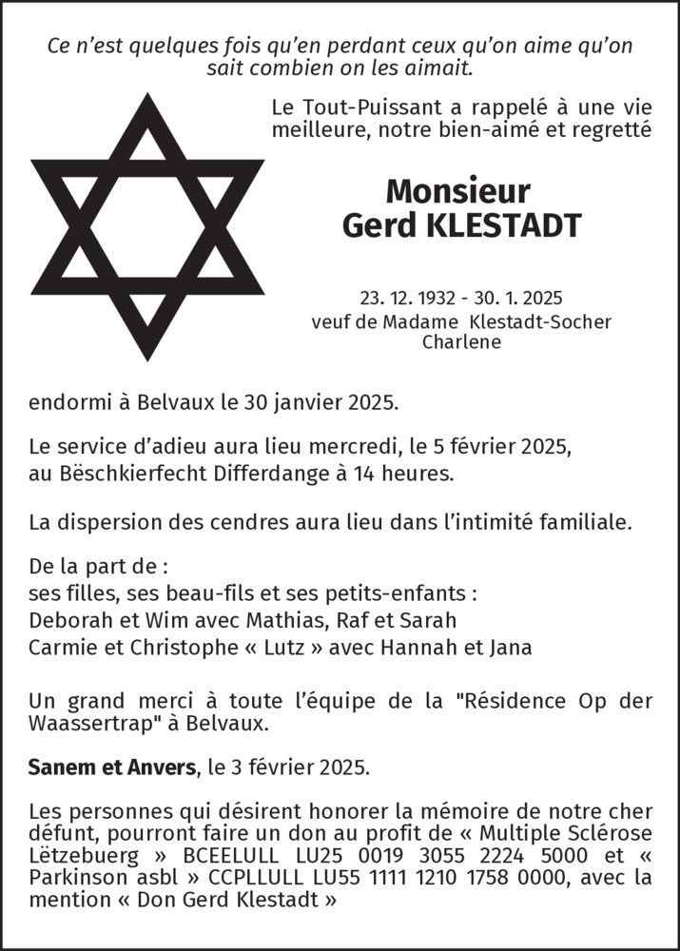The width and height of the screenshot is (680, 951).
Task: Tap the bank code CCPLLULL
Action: point(218,876)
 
